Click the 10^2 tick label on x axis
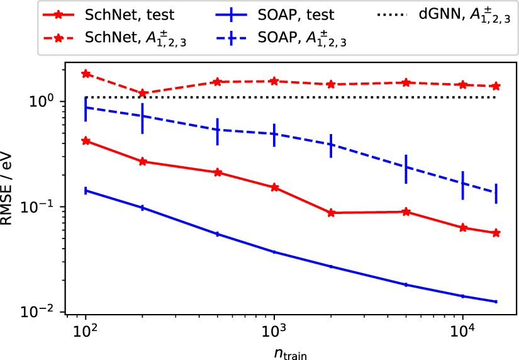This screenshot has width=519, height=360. [x=86, y=329]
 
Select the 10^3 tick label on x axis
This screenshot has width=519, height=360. [x=274, y=329]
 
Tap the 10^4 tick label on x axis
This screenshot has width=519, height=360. [x=463, y=329]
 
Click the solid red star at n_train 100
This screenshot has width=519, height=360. [x=86, y=141]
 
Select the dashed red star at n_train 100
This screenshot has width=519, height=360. [x=86, y=74]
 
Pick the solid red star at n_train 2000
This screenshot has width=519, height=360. [x=331, y=213]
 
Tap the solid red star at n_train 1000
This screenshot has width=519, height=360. [x=274, y=188]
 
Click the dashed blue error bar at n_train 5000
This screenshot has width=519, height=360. [x=406, y=167]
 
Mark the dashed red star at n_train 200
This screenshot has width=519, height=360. [x=143, y=93]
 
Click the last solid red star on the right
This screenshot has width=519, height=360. [x=496, y=233]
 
